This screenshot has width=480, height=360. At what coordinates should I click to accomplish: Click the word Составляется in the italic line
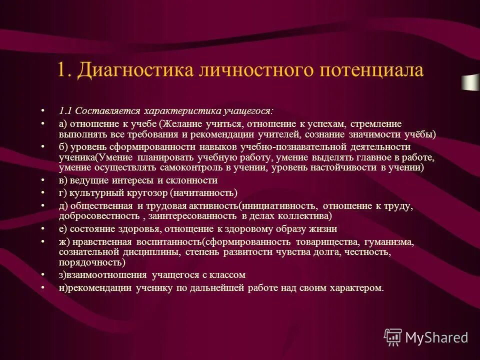click(x=108, y=111)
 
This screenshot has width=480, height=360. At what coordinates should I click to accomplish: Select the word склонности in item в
click(x=193, y=180)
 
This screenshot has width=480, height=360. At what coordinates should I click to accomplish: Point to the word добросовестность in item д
click(x=98, y=216)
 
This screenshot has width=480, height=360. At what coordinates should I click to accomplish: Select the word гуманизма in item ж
click(x=385, y=242)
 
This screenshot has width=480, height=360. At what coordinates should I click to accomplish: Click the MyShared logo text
click(x=436, y=337)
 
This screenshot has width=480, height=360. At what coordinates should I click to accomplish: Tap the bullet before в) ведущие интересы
click(x=42, y=180)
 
